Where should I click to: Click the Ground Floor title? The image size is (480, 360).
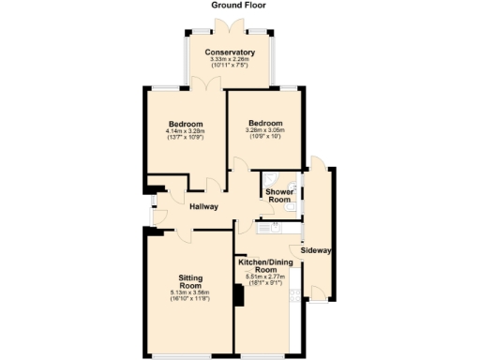238,6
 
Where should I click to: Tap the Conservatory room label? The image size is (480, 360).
230,52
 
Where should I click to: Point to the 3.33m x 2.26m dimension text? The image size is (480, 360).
230,60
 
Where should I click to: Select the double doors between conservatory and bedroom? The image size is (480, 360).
209,84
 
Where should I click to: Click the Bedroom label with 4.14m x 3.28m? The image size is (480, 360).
187,126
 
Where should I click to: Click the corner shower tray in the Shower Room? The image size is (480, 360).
270,179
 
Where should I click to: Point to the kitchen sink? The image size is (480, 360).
277,227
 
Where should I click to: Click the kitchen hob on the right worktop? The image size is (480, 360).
297,298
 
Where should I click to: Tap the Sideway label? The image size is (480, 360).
317,250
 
